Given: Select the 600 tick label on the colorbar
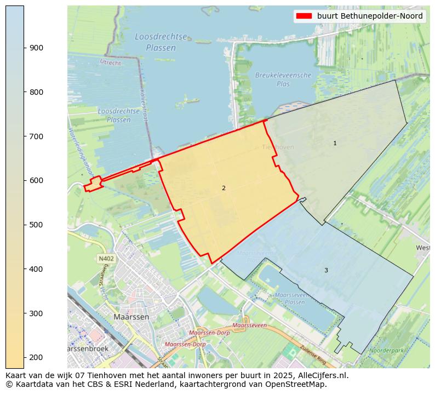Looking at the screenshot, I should coord(36,180).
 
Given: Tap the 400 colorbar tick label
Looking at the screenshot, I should coord(36,269).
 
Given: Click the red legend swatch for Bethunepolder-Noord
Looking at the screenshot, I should coord(304,16).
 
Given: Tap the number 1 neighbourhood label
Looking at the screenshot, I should coord(335,143).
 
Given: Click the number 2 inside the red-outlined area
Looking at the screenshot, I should coord(224,188).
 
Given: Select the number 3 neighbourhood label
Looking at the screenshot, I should coord(326,270).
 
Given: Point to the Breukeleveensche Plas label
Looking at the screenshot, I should coord(283,79).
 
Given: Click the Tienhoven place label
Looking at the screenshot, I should coord(278,147).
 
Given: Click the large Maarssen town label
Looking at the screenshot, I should coord(131,317).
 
